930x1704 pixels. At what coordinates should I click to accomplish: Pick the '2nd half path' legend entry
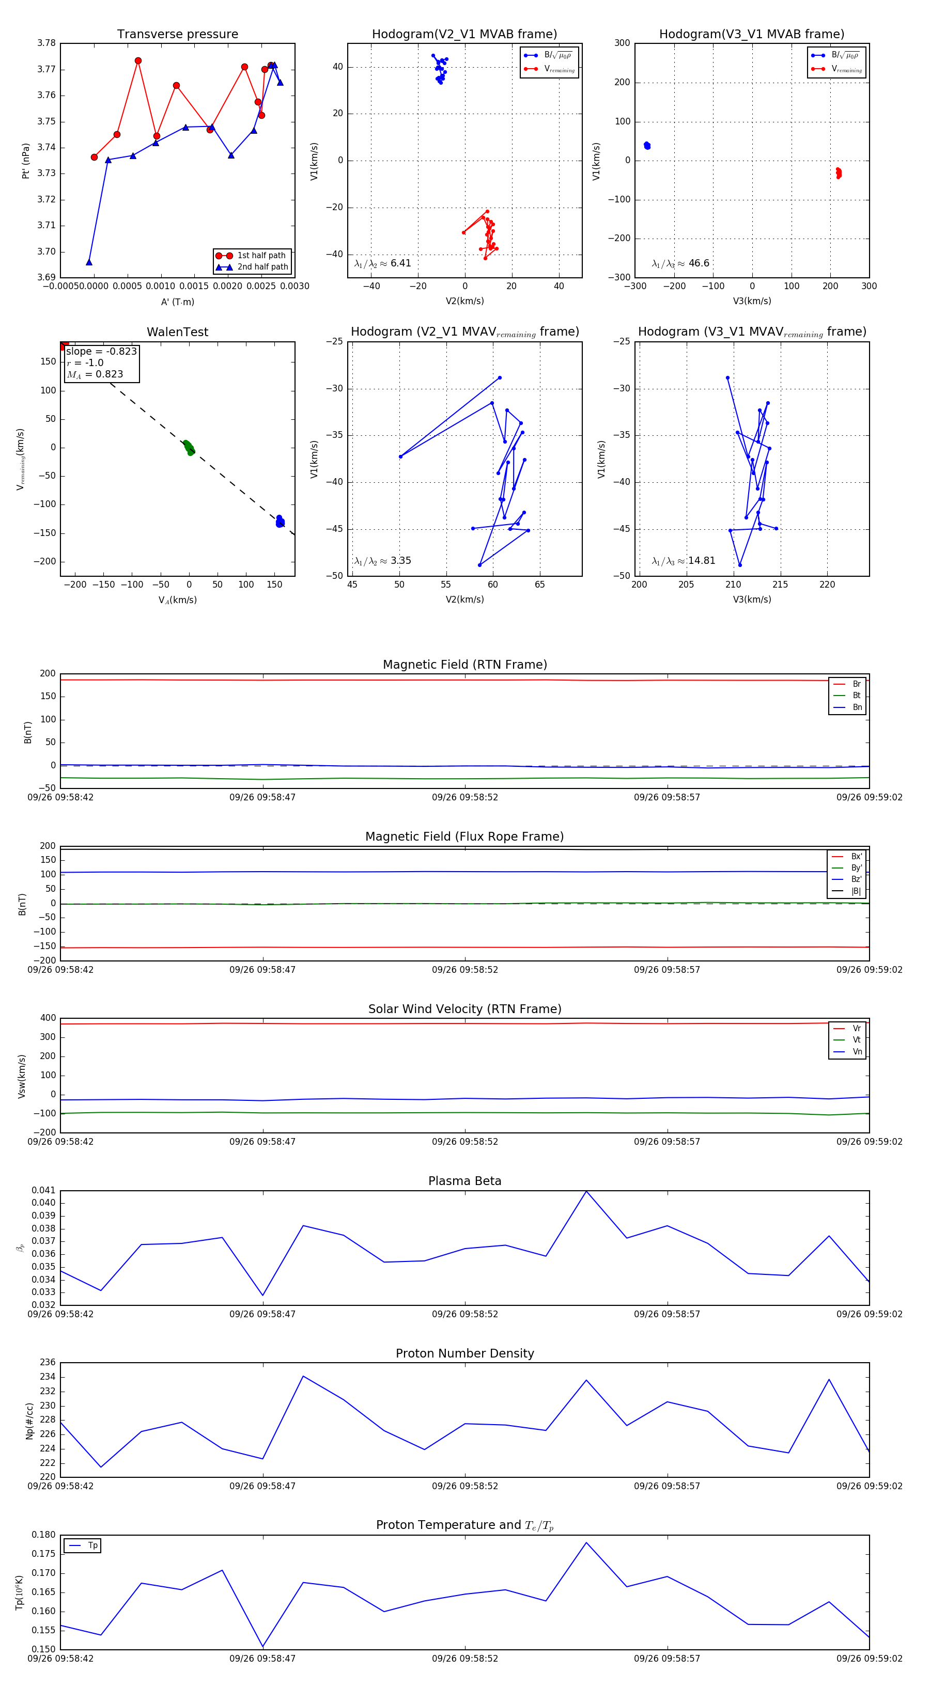coord(262,267)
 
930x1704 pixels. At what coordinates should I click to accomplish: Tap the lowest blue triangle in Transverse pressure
coord(89,263)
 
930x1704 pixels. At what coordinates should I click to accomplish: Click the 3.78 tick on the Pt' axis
coord(47,43)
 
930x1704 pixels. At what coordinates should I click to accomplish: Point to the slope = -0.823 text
coord(101,351)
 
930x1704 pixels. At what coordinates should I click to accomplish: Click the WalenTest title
coord(177,332)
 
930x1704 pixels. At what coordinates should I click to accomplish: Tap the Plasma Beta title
coord(464,1181)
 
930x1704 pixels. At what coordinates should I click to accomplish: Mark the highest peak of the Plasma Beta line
coord(586,1191)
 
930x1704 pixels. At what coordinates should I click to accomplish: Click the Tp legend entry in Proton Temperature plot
coord(92,1545)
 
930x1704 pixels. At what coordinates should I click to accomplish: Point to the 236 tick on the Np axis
coord(48,1362)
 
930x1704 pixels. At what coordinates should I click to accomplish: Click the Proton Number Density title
coord(464,1353)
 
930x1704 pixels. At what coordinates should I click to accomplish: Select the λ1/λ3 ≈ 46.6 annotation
coord(680,263)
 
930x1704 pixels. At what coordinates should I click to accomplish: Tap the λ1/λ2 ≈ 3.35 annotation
coord(382,561)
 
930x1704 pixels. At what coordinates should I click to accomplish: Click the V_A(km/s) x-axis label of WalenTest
coord(177,600)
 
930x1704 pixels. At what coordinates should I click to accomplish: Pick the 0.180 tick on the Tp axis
coord(44,1535)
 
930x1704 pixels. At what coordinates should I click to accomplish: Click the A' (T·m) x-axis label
coord(177,302)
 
